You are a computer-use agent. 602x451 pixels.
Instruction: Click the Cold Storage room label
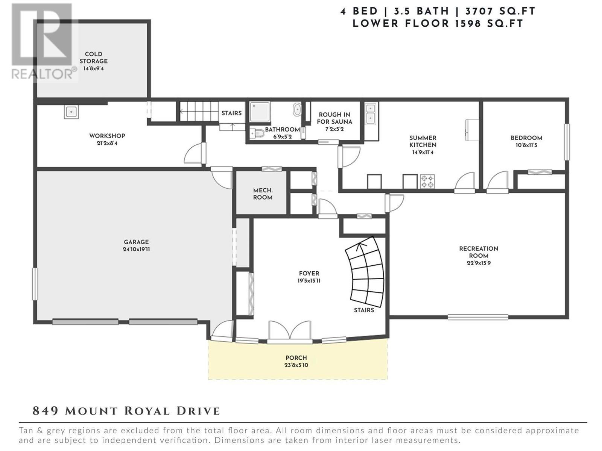click(x=94, y=58)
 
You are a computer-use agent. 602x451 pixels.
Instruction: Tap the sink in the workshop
click(x=71, y=112)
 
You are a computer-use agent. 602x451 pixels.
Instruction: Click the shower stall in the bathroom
click(x=260, y=112)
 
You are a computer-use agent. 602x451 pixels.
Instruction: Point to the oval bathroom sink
click(x=297, y=110)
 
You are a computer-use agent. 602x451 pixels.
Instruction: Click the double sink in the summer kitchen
click(x=371, y=114)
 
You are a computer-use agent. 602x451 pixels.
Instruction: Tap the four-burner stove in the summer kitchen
click(x=427, y=182)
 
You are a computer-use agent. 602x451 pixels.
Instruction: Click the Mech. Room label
click(x=263, y=194)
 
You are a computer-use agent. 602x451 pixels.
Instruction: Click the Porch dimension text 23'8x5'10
click(x=296, y=365)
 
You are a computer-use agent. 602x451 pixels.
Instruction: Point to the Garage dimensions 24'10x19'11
click(x=136, y=249)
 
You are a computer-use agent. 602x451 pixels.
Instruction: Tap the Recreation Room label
click(x=479, y=252)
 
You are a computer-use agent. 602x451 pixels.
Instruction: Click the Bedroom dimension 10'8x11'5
click(x=526, y=145)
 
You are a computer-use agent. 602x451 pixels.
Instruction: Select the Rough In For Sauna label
click(x=334, y=118)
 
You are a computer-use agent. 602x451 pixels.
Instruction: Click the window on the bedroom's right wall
click(x=567, y=142)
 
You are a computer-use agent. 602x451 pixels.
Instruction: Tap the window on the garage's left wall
click(x=35, y=284)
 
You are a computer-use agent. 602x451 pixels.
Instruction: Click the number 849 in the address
click(x=45, y=411)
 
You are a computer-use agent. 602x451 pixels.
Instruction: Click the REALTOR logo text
click(x=42, y=74)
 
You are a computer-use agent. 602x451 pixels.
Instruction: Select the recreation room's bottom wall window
click(x=478, y=317)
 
